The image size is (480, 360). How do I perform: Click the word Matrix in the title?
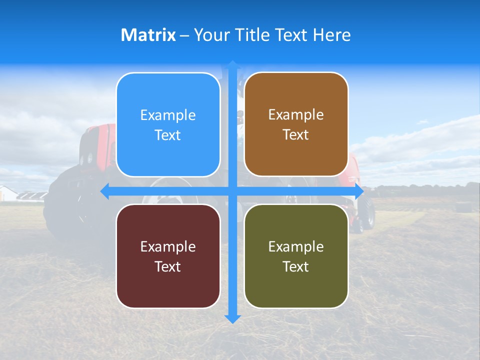coord(148,35)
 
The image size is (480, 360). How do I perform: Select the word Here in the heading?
coord(331,35)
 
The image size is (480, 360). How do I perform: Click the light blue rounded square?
coord(168,124)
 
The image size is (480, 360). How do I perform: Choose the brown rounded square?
coord(296,124)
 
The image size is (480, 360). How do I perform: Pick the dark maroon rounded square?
coord(168,256)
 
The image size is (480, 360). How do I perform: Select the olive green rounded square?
coord(296,256)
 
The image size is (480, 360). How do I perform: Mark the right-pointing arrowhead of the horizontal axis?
coord(358,191)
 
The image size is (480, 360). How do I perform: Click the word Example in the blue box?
coord(168,115)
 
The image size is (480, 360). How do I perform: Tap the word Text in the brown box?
coord(296,135)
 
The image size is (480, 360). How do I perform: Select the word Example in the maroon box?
coord(168,246)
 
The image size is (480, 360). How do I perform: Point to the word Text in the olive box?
coord(296,266)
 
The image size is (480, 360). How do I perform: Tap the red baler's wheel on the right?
coord(369,212)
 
